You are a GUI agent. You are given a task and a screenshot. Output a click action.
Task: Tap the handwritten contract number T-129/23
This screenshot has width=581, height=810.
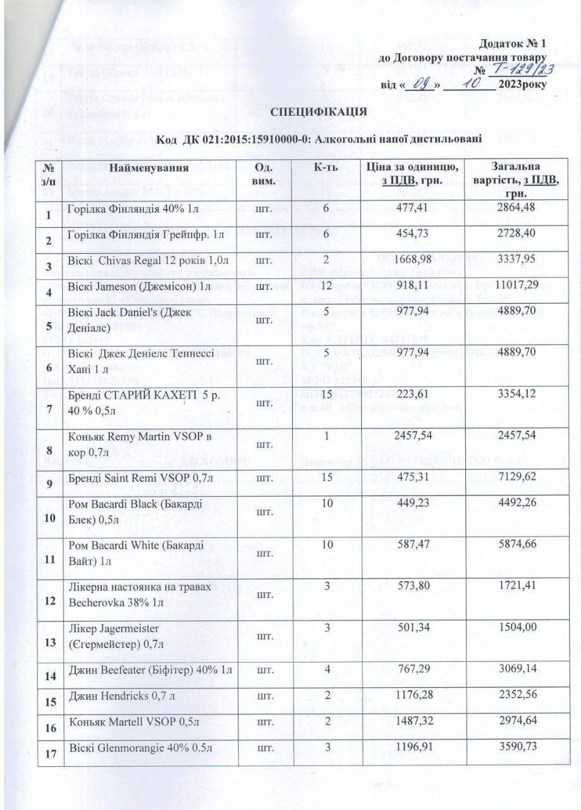(x=514, y=70)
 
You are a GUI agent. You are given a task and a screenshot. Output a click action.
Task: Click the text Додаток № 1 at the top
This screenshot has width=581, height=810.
(x=511, y=44)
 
